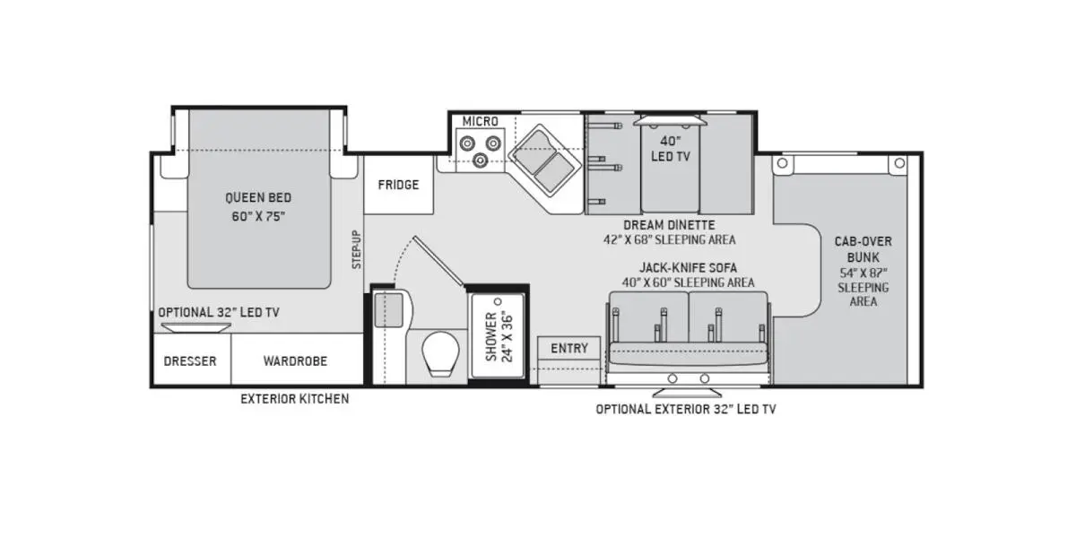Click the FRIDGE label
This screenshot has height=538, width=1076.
(x=398, y=185)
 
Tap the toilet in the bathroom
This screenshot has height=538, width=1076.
(x=440, y=353)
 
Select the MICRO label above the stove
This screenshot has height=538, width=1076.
(x=481, y=122)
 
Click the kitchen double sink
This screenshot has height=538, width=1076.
(x=545, y=160)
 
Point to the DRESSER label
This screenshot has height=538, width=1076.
(x=190, y=361)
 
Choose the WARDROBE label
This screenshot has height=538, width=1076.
(x=295, y=361)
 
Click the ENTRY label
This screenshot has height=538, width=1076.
(x=569, y=348)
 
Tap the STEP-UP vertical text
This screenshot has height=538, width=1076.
(x=357, y=249)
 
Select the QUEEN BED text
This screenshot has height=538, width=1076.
(x=258, y=197)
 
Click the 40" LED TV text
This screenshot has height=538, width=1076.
(x=671, y=149)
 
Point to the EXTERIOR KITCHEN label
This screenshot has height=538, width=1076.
(x=295, y=399)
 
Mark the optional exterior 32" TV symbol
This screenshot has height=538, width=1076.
(x=687, y=393)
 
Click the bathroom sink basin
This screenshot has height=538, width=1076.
(x=388, y=310)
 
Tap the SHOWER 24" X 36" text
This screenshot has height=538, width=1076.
(x=499, y=337)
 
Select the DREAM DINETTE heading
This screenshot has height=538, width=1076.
(x=669, y=225)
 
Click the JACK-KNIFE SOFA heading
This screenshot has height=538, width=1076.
(x=688, y=267)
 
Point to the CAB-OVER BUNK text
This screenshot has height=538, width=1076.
(x=863, y=249)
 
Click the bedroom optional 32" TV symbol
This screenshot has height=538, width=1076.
(x=196, y=327)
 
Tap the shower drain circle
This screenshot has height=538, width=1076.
(x=499, y=301)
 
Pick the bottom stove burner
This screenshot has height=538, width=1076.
(x=481, y=160)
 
